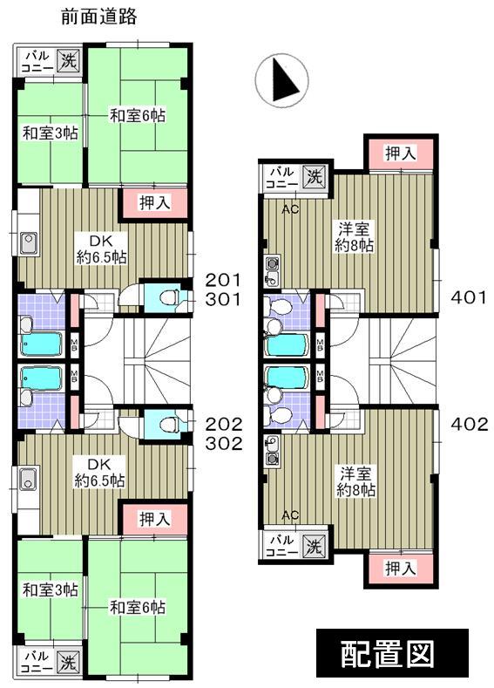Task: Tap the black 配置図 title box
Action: coord(391,654)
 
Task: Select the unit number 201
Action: coord(222,280)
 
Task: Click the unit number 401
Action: coord(468,297)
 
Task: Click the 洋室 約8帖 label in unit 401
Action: coord(356,237)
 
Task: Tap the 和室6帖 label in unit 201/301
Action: coord(137,115)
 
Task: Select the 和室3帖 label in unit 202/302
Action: coord(50,590)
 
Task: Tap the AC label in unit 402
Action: coord(290,514)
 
